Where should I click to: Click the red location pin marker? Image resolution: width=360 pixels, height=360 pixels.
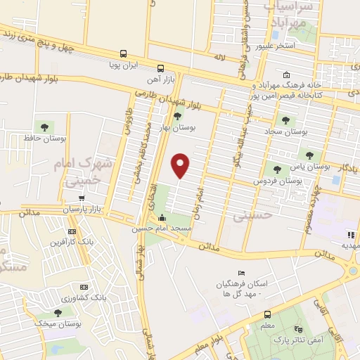pyautogui.click(x=181, y=165)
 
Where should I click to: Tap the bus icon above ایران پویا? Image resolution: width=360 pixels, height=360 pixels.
pyautogui.click(x=123, y=53)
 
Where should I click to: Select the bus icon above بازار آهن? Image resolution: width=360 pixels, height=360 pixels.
pyautogui.click(x=161, y=68)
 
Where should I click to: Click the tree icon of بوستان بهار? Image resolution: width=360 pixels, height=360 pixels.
pyautogui.click(x=176, y=117)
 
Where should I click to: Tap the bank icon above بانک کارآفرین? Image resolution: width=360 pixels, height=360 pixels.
pyautogui.click(x=72, y=231)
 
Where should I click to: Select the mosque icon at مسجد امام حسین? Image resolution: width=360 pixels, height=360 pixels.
pyautogui.click(x=162, y=218)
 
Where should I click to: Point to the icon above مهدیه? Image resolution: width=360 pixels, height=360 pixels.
pyautogui.click(x=351, y=235)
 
